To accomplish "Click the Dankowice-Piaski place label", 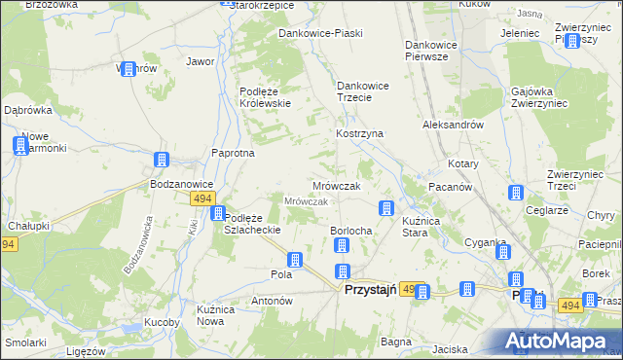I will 320,33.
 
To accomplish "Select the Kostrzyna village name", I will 359,132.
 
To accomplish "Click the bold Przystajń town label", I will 370,290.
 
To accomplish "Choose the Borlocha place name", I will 351,230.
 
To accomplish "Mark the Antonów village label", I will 272,302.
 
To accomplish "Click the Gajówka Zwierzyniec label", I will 536,97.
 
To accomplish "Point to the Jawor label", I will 200,61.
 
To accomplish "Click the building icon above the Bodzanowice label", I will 162,161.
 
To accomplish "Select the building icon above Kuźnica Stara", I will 386,208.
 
